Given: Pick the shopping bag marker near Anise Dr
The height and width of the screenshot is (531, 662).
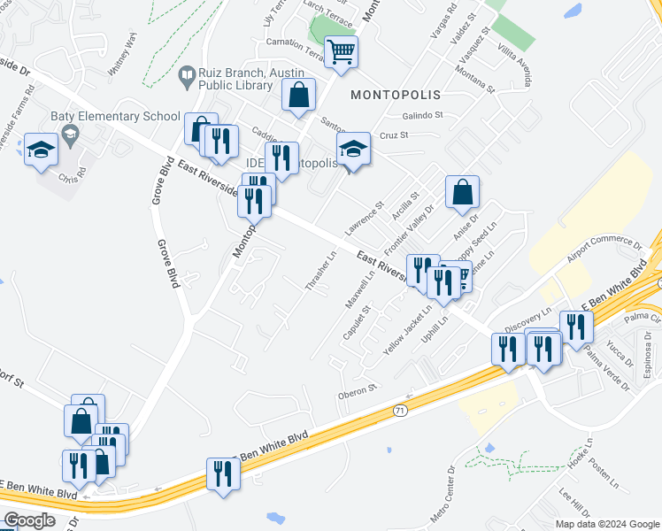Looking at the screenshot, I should pyautogui.click(x=462, y=192).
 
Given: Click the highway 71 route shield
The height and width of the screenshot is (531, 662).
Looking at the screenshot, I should pyautogui.click(x=398, y=411).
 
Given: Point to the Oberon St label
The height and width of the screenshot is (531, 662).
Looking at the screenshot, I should pyautogui.click(x=358, y=388).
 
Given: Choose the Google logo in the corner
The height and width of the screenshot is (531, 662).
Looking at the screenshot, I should pyautogui.click(x=30, y=520).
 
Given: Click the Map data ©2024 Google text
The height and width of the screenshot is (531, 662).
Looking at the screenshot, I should pyautogui.click(x=608, y=524).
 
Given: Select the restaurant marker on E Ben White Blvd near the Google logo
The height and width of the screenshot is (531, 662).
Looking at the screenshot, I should pyautogui.click(x=221, y=473).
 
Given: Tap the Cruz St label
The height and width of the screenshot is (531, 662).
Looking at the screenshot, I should pyautogui.click(x=393, y=135).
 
